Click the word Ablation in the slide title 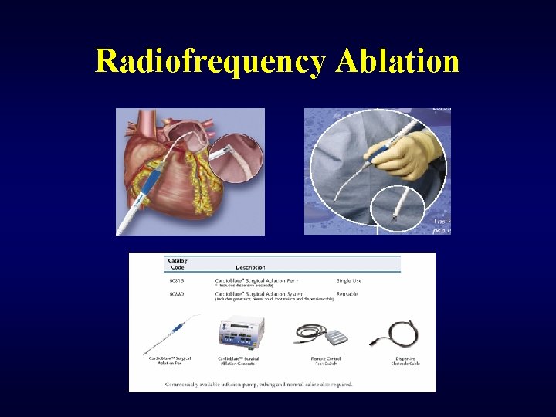(398, 61)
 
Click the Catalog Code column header (178, 264)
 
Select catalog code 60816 (177, 280)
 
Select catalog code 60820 (177, 294)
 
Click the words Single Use (349, 280)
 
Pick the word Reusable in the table (347, 294)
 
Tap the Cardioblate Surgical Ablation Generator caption (239, 361)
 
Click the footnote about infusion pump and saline (259, 383)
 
